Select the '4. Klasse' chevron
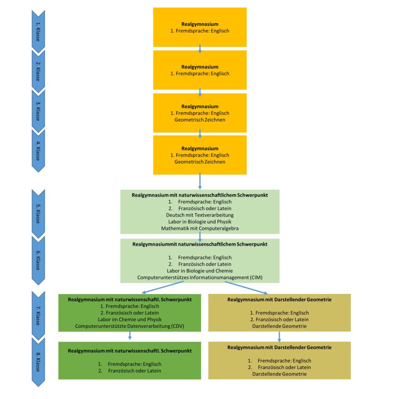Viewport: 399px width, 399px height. click(x=38, y=150)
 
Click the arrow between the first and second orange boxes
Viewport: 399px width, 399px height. click(x=200, y=48)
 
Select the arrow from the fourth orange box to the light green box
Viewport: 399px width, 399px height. click(x=200, y=181)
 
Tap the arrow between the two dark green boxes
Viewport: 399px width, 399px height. click(x=130, y=336)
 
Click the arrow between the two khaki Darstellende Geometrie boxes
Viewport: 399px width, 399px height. click(x=279, y=336)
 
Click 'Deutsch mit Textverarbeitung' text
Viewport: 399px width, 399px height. click(x=200, y=215)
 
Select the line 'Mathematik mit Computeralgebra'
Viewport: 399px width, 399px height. click(x=200, y=228)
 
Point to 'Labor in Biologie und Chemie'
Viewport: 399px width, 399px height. click(x=200, y=271)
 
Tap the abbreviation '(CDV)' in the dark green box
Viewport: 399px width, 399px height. click(x=176, y=326)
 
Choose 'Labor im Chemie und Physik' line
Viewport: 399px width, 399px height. click(x=130, y=320)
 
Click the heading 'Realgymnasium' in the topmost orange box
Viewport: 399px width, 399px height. click(x=200, y=24)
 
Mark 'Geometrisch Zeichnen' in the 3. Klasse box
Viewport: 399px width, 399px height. click(x=200, y=120)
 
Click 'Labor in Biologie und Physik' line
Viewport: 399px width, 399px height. click(x=200, y=221)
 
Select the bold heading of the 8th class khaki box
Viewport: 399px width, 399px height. click(x=279, y=347)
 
